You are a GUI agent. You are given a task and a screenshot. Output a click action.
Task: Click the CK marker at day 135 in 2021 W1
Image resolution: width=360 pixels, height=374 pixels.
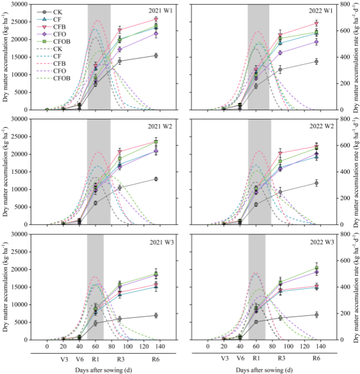point(156,55)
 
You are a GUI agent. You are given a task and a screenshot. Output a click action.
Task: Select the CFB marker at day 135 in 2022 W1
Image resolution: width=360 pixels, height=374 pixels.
point(317,23)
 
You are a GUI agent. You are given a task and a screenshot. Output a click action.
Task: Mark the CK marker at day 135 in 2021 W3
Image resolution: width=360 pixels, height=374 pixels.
point(156,315)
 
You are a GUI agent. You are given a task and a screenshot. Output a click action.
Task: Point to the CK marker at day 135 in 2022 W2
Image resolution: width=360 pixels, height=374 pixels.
point(317,183)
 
